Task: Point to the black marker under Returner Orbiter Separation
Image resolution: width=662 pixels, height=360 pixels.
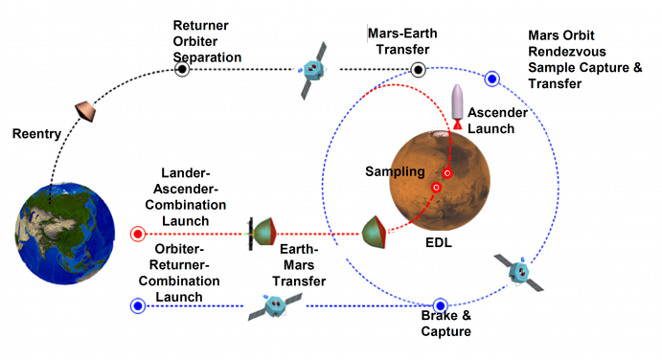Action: pos(182,69)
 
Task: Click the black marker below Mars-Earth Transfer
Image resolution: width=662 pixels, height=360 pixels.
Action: pos(418,69)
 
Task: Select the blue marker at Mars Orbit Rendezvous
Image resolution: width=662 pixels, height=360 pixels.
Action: pos(492,79)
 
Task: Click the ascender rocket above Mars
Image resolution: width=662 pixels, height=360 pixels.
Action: pos(457,102)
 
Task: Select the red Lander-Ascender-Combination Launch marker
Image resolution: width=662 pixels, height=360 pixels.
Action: pos(137,234)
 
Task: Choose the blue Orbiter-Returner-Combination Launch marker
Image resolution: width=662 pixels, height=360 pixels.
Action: pos(137,305)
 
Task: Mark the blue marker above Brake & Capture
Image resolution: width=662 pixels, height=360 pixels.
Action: pos(441,306)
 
